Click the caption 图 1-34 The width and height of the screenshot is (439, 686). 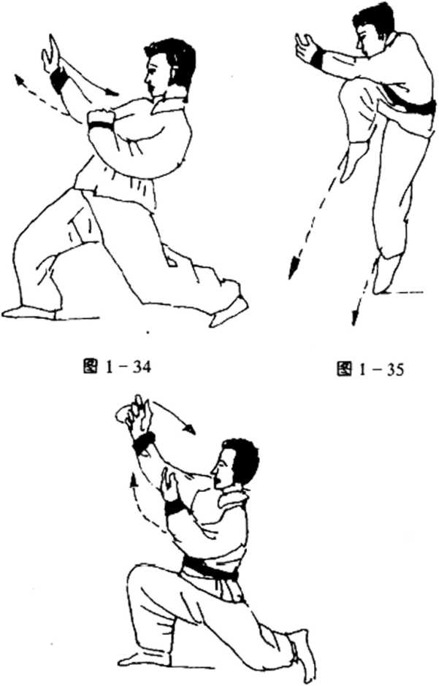[x=116, y=367]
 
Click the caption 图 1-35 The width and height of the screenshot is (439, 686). [x=370, y=369]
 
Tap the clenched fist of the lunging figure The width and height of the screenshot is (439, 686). [x=102, y=118]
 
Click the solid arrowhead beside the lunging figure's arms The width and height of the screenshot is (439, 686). [x=113, y=92]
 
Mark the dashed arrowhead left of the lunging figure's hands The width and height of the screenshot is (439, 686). [x=18, y=80]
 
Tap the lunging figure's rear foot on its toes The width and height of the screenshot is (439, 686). [x=229, y=312]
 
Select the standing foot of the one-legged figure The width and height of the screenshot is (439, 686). [x=386, y=274]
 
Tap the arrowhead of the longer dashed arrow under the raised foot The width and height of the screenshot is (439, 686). [x=293, y=269]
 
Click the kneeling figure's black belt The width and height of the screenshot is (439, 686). [x=209, y=569]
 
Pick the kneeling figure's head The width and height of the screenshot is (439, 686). [x=234, y=462]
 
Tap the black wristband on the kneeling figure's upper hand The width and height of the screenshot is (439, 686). [x=144, y=442]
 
